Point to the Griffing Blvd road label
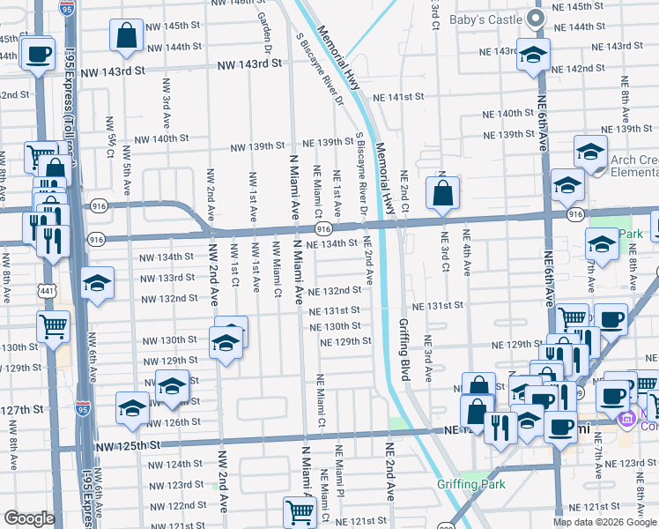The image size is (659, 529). pos(405,352)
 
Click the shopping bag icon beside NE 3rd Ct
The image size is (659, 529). pos(442,193)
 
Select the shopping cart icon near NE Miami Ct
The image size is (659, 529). pos(300,511)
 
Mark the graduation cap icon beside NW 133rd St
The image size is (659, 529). pos(98,283)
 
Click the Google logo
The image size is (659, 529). pos(29,518)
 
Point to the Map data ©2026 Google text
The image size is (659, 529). pos(603,522)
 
